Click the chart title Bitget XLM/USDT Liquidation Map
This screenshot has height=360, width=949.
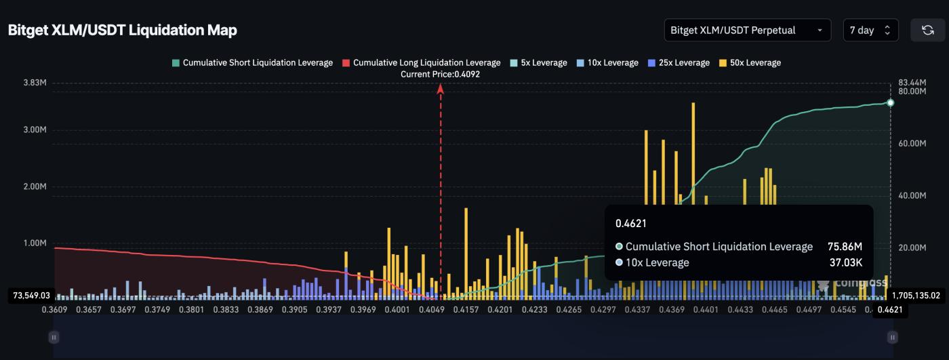click(x=122, y=31)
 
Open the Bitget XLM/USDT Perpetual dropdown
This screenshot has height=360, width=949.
click(x=748, y=31)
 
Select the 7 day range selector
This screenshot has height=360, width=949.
click(x=870, y=31)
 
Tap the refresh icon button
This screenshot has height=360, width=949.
click(x=927, y=31)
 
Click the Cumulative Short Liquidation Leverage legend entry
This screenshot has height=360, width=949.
click(x=252, y=63)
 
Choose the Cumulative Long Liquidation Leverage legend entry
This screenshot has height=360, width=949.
click(x=421, y=63)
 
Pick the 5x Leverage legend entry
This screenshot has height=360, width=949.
click(x=538, y=63)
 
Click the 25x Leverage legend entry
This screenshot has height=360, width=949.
click(x=679, y=63)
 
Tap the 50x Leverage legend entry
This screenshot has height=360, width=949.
click(x=750, y=63)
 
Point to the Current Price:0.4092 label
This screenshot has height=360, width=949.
click(x=440, y=75)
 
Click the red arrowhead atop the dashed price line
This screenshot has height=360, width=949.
click(x=441, y=87)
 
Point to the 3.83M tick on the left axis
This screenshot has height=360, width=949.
click(x=35, y=83)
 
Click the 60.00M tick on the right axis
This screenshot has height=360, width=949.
click(x=912, y=144)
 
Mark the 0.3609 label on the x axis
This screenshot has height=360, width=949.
click(x=54, y=310)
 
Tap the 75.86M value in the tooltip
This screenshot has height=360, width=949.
click(x=845, y=247)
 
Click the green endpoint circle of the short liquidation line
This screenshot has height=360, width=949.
click(x=891, y=103)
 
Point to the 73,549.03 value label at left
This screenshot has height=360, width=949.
click(x=32, y=296)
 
